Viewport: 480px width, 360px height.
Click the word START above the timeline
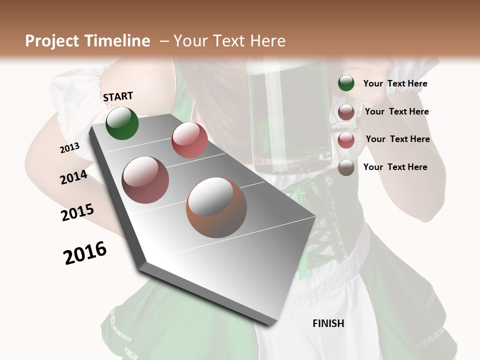click(x=118, y=96)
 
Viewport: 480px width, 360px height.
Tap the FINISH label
click(x=328, y=323)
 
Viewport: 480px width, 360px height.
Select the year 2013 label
click(x=69, y=148)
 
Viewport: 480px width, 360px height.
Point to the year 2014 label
click(x=73, y=177)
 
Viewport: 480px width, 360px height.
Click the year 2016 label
click(x=85, y=253)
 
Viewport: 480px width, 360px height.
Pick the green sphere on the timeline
click(x=122, y=123)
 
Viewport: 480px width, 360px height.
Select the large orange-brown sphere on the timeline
click(x=216, y=207)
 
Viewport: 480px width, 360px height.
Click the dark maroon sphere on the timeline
click(x=145, y=180)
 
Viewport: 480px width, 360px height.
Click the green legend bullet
click(x=346, y=83)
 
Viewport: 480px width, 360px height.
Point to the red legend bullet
click(x=346, y=139)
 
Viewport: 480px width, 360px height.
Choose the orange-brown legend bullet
click(x=346, y=167)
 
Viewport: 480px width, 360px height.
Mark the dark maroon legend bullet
click(x=346, y=111)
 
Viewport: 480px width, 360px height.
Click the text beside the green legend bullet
click(x=395, y=83)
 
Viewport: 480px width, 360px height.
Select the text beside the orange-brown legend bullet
click(x=395, y=167)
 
